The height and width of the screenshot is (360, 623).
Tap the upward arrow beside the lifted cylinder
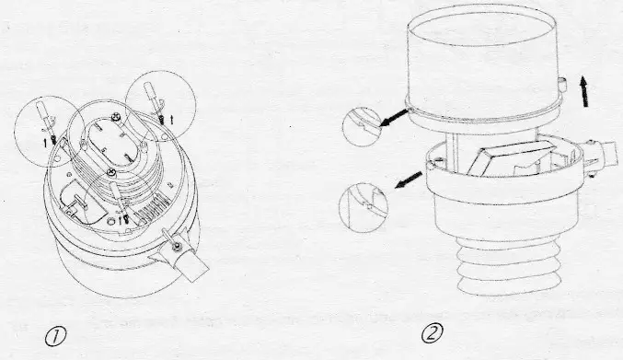pos(581,93)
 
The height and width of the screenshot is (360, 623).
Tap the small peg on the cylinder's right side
pos(560,83)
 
